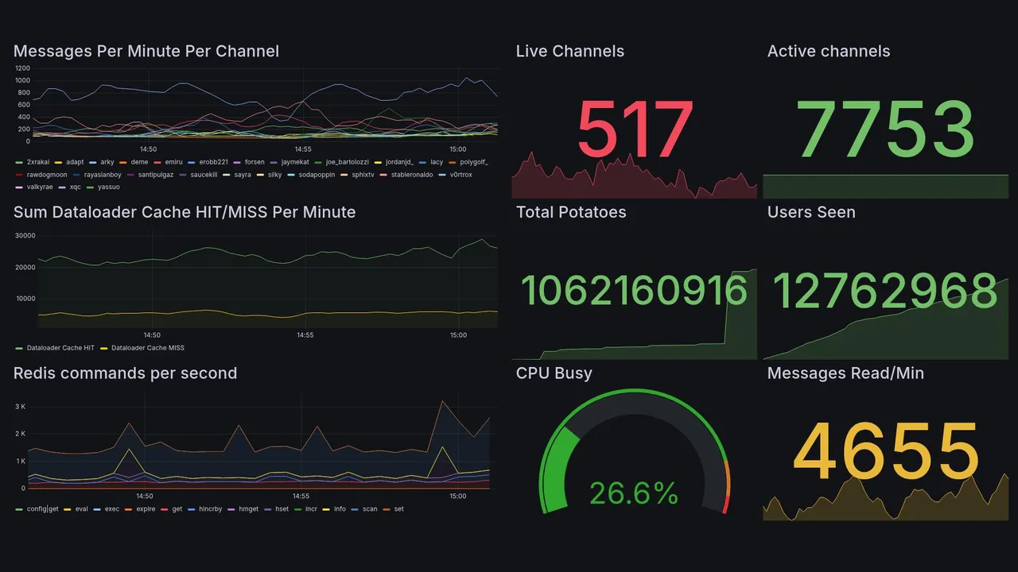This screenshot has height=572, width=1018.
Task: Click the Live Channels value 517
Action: (635, 130)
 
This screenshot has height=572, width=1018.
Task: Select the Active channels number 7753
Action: (886, 130)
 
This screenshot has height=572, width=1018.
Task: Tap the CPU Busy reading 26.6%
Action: (633, 493)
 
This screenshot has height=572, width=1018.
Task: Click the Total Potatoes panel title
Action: (570, 212)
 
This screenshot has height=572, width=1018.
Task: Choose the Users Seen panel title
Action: (810, 212)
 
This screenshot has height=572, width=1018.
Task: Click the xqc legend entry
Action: (75, 187)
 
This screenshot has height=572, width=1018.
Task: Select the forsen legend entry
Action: (254, 162)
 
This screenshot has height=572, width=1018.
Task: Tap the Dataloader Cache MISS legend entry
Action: (147, 348)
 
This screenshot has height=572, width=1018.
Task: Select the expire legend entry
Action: (146, 508)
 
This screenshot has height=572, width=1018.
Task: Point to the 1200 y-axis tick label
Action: (22, 69)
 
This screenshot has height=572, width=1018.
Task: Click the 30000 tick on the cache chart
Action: (25, 236)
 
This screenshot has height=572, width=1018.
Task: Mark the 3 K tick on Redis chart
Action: (21, 407)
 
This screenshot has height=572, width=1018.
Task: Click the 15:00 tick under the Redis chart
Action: (457, 497)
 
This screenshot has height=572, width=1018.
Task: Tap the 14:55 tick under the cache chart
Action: (305, 335)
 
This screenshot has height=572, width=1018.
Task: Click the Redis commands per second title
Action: (125, 373)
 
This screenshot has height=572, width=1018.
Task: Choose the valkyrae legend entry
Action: (40, 187)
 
